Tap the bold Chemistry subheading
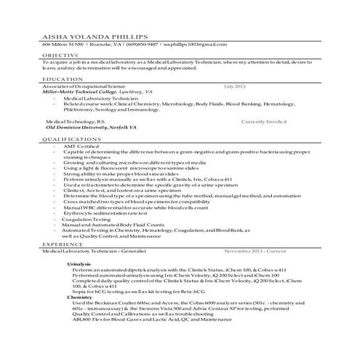[x=79, y=297]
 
